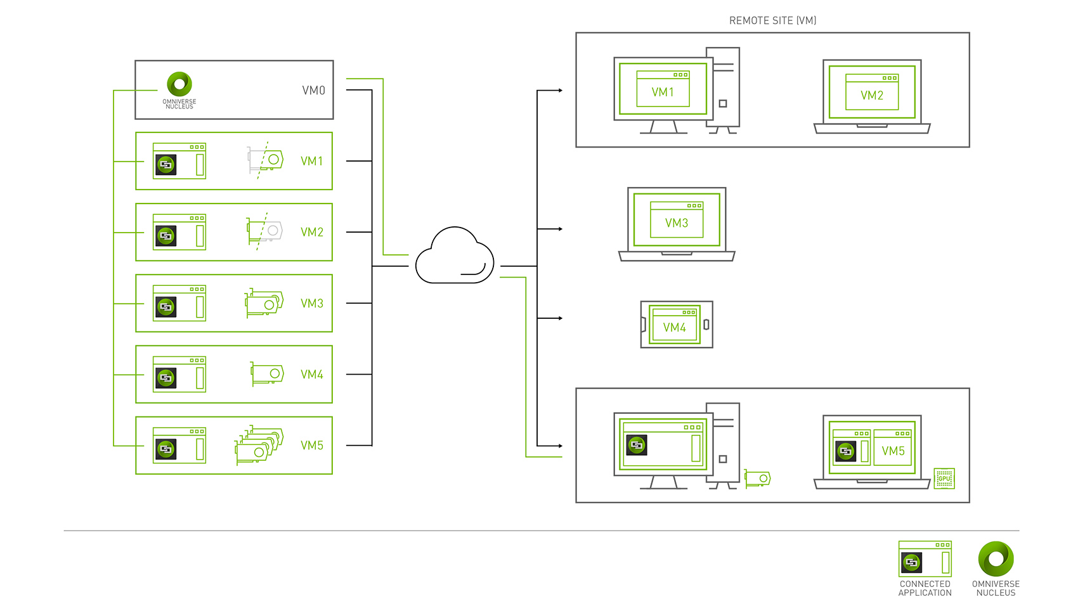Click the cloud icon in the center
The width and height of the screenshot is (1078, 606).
(x=454, y=257)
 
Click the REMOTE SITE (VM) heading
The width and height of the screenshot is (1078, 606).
(x=772, y=20)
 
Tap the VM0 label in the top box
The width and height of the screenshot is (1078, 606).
(x=313, y=91)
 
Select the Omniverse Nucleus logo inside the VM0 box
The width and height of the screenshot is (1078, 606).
(x=179, y=84)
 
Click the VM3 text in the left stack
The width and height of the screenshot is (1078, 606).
(x=312, y=304)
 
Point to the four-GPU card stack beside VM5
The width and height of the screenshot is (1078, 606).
(x=258, y=445)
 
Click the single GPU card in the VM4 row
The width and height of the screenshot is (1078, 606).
(x=267, y=374)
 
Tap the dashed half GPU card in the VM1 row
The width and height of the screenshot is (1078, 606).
(x=265, y=160)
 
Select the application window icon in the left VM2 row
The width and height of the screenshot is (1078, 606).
(x=179, y=232)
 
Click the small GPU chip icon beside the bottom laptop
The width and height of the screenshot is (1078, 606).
(x=944, y=479)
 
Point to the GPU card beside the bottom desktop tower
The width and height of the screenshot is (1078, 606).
(x=757, y=478)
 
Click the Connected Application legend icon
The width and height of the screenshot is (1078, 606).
(x=925, y=558)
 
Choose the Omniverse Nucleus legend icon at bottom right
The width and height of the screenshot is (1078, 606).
(x=996, y=558)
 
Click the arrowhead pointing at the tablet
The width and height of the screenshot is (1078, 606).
(x=560, y=318)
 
